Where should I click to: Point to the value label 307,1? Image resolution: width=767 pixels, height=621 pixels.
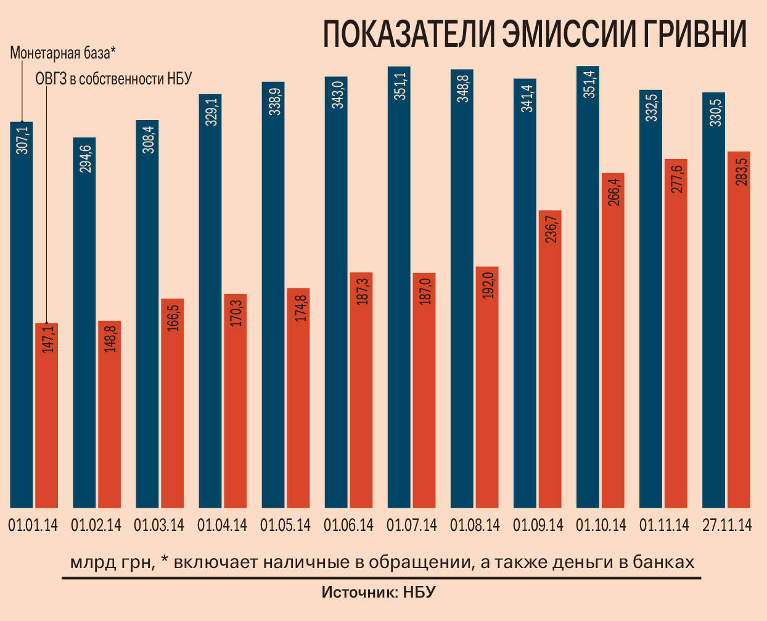[x=22, y=140]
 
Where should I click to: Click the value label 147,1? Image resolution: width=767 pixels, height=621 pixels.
[x=47, y=339]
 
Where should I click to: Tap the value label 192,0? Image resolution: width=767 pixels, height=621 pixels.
[x=488, y=285]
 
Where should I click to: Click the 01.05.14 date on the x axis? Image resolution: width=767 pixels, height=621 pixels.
[x=285, y=526]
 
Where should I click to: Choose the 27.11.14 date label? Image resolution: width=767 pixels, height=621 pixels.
[x=728, y=526]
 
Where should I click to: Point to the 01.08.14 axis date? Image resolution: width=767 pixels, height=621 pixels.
[x=475, y=526]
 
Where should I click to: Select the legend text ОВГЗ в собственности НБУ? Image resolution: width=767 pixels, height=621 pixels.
[x=113, y=79]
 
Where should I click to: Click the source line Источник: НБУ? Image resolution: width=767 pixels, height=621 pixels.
[x=379, y=593]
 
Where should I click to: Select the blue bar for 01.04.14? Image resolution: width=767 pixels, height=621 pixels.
[x=210, y=302]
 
